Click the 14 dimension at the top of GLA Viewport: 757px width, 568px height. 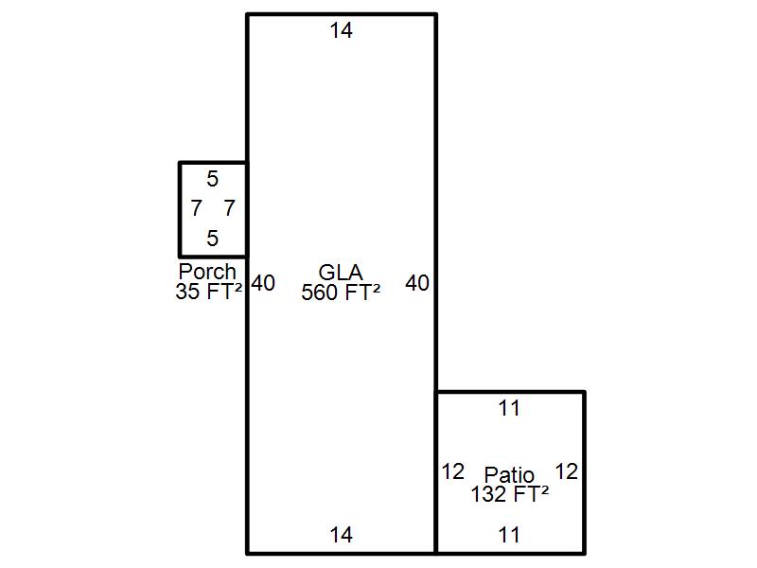pyautogui.click(x=341, y=31)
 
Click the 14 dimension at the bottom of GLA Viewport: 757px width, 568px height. pyautogui.click(x=341, y=536)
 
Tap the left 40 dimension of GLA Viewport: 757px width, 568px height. pyautogui.click(x=264, y=283)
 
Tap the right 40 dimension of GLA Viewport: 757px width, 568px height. pyautogui.click(x=417, y=283)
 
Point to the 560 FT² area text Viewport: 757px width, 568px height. pyautogui.click(x=341, y=293)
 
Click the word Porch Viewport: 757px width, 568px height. pyautogui.click(x=207, y=273)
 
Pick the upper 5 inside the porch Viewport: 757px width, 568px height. pyautogui.click(x=212, y=179)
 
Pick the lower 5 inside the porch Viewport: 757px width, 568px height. pyautogui.click(x=212, y=239)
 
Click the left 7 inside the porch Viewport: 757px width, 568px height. pyautogui.click(x=196, y=208)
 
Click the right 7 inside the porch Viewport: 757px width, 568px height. pyautogui.click(x=229, y=208)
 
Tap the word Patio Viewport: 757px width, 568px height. pyautogui.click(x=509, y=474)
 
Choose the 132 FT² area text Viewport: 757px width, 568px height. pyautogui.click(x=510, y=493)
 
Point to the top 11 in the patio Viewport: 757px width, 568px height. pyautogui.click(x=509, y=409)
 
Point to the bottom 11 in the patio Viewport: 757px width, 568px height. pyautogui.click(x=509, y=536)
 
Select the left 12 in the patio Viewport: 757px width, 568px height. pyautogui.click(x=453, y=471)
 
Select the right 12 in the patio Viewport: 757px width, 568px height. pyautogui.click(x=566, y=471)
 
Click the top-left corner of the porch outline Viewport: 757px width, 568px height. pyautogui.click(x=180, y=163)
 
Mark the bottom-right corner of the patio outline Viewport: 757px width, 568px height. pyautogui.click(x=584, y=552)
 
